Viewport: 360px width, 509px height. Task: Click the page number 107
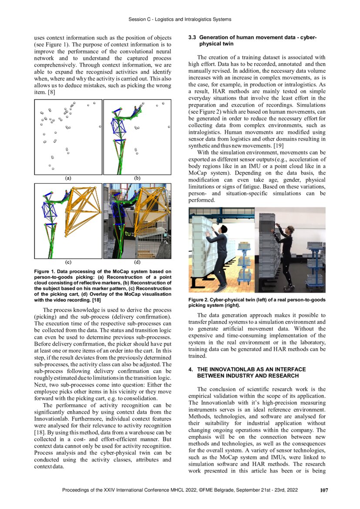(x=323, y=490)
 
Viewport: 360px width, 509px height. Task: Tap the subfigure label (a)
(x=68, y=178)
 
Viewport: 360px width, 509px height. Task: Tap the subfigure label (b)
(x=137, y=178)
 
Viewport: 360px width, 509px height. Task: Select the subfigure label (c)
(x=68, y=263)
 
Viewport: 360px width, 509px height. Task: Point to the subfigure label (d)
(x=137, y=263)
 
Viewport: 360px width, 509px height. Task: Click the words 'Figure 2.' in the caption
(x=199, y=300)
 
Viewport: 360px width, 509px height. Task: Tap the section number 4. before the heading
(x=191, y=369)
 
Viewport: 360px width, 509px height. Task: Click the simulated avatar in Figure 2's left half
(x=220, y=257)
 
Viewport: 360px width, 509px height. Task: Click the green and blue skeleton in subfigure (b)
(x=120, y=135)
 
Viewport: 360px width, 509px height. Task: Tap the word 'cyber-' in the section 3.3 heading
(x=307, y=38)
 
